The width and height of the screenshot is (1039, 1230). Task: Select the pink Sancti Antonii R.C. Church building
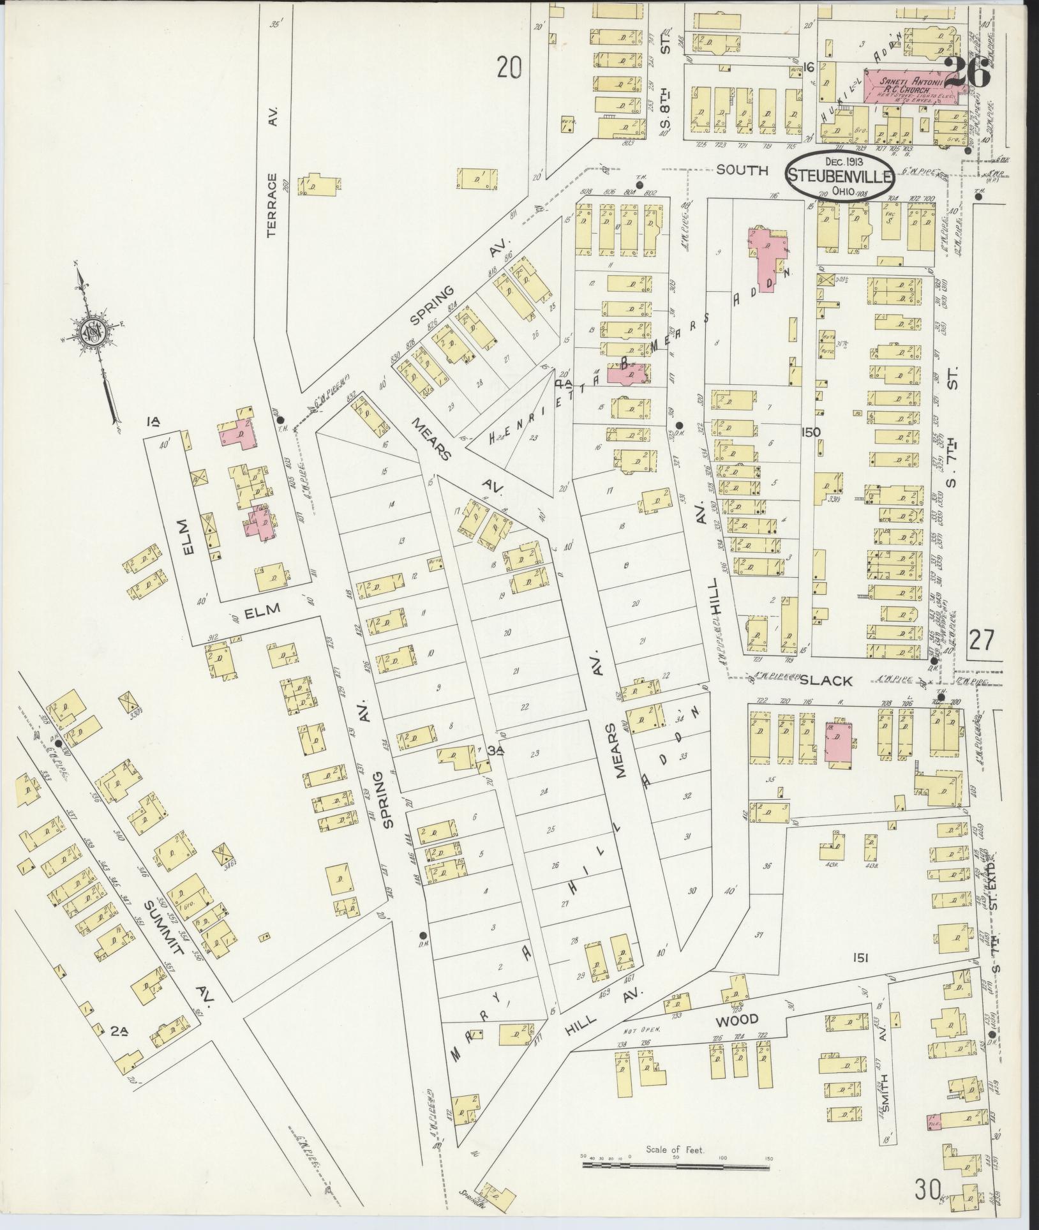coord(913,87)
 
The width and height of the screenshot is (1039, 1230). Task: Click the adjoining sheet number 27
coord(981,639)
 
